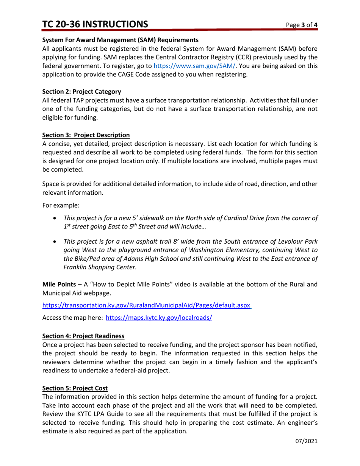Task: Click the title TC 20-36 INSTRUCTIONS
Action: coord(95,24)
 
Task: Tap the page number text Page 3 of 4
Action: coord(302,25)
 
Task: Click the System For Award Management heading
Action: coord(120,40)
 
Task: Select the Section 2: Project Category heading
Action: coord(81,91)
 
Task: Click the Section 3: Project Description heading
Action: coord(86,135)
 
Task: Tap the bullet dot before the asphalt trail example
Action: coord(56,241)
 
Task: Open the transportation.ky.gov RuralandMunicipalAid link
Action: coord(146,305)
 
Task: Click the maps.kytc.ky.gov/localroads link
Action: coord(158,318)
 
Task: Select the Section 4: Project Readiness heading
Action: coord(83,336)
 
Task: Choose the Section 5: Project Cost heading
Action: coord(75,388)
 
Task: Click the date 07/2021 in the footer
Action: coord(306,441)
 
